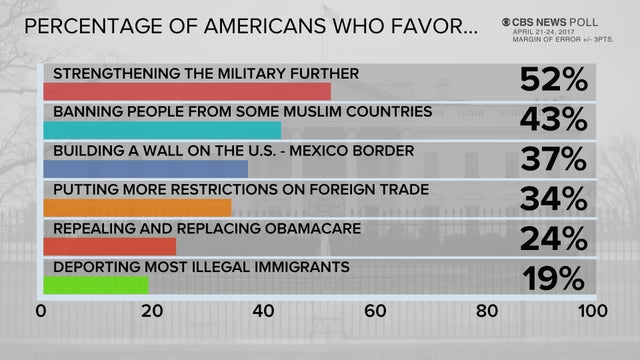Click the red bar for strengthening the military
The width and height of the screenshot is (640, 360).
point(187,91)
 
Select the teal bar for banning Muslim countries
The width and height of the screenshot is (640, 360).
point(162,130)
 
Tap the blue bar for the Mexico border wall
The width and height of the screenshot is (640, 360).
point(145,168)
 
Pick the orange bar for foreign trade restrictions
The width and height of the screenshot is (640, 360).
point(137,207)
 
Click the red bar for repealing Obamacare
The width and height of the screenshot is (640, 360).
point(109,246)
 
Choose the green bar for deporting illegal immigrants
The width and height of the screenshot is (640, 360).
point(95,285)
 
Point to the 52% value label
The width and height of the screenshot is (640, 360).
point(553,80)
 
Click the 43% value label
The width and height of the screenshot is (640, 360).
point(553,119)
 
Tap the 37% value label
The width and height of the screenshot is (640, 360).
point(553,158)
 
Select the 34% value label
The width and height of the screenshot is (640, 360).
point(553,197)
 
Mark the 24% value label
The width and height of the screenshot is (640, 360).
point(553,237)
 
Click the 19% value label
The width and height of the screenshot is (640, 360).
point(553,276)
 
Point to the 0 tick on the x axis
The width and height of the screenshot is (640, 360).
point(41,311)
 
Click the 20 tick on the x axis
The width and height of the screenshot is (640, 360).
point(152,311)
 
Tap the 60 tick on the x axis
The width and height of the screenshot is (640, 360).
point(375,311)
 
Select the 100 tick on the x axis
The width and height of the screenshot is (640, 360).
point(593,311)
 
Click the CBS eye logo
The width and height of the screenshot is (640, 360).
point(511,20)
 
